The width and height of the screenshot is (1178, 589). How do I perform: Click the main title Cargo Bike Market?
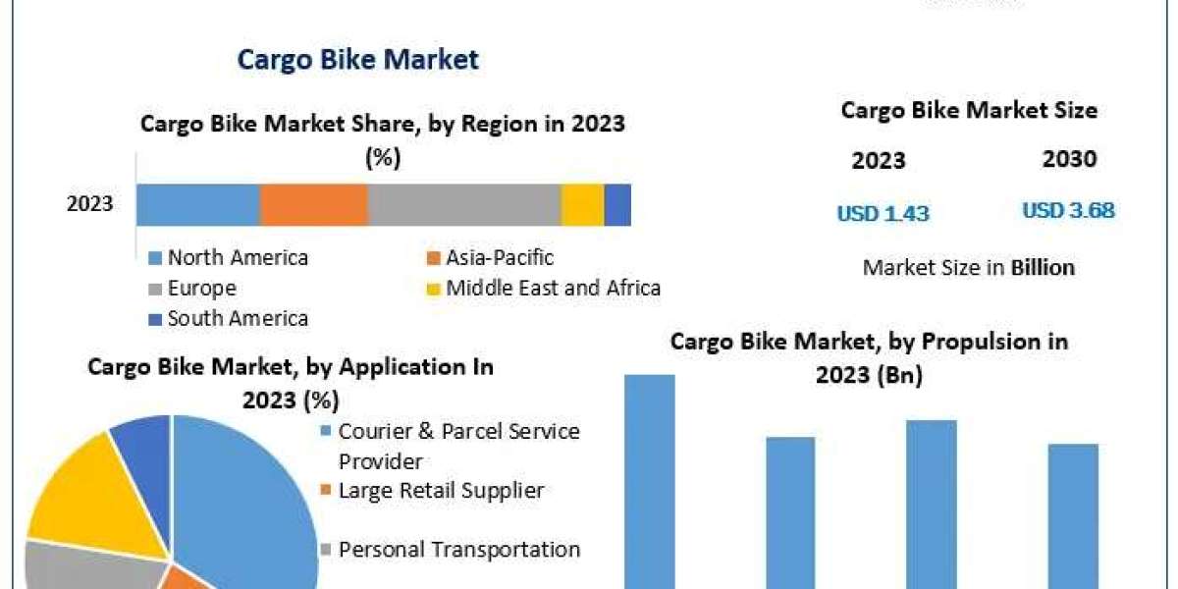(x=357, y=60)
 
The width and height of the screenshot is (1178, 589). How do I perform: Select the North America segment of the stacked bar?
(x=197, y=205)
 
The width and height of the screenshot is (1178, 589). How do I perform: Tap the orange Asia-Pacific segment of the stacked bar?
(x=313, y=205)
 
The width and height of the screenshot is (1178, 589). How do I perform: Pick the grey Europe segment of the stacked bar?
(x=463, y=205)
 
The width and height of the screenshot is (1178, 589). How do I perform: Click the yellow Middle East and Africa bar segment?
(x=582, y=205)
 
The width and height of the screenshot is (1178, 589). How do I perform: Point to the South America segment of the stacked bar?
(x=617, y=205)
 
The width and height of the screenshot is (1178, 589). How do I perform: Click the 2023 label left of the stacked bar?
(x=89, y=205)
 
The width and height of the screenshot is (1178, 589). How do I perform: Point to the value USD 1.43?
(x=883, y=213)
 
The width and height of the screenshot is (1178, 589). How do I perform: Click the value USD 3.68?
(x=1068, y=211)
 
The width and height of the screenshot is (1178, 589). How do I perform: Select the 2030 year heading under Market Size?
(x=1069, y=160)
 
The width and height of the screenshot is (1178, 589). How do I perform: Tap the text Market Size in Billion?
(x=968, y=267)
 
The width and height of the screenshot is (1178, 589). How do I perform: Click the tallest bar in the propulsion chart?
(x=650, y=481)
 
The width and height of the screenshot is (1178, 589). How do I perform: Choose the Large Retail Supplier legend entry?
(x=440, y=490)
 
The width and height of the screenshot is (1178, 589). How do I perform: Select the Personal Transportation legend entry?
(x=458, y=550)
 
